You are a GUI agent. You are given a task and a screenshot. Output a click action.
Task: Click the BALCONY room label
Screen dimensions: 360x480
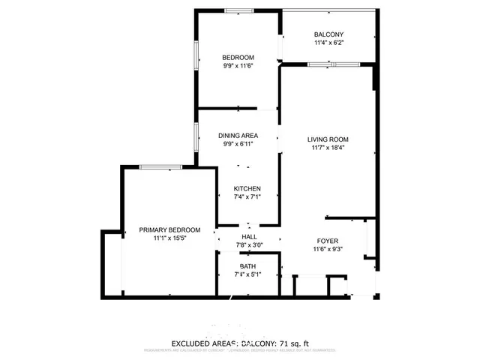point(328,34)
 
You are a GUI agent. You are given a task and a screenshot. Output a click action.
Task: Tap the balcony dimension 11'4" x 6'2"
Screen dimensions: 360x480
point(328,44)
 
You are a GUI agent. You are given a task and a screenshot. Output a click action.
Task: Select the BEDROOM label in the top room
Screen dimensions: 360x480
point(238,58)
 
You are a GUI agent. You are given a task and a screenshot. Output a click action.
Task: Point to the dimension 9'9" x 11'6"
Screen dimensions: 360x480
point(238,67)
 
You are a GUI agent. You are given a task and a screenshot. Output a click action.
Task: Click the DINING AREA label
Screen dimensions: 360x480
point(238,136)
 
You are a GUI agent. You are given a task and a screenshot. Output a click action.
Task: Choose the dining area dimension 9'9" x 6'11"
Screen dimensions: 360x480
point(238,145)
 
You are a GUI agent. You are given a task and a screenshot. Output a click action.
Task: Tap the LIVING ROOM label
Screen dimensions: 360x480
point(328,139)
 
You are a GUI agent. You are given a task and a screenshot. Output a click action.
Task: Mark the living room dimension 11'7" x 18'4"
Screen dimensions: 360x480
point(328,148)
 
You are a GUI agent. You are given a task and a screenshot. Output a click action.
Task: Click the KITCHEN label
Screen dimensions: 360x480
point(247,188)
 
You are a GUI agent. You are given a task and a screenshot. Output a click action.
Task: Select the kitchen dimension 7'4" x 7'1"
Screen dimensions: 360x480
point(247,197)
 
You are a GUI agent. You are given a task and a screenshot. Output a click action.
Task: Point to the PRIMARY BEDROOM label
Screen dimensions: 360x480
point(169,229)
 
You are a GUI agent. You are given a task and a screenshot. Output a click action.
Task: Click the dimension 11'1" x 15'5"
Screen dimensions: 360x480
point(169,238)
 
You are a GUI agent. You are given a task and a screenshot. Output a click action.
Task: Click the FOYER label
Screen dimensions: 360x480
point(327,242)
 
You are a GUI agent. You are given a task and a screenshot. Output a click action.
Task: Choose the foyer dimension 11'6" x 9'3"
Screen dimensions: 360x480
point(327,251)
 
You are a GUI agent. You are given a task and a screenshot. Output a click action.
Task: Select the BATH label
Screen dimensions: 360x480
point(247,266)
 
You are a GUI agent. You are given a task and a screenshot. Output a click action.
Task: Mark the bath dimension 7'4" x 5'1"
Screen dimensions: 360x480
point(247,275)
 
